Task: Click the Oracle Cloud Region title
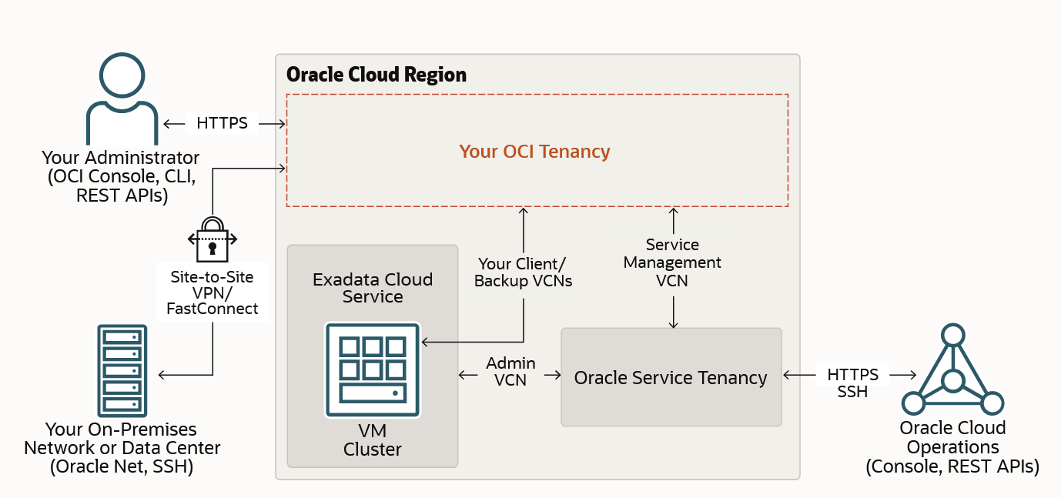pos(377,75)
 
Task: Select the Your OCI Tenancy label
pos(534,152)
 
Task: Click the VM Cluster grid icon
pos(373,369)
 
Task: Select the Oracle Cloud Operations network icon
pos(952,370)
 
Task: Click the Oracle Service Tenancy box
pos(671,377)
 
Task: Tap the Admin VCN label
pos(510,371)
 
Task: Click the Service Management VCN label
pos(672,262)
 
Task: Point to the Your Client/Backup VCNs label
pos(523,272)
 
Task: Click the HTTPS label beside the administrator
pos(222,123)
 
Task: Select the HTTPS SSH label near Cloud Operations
pos(852,383)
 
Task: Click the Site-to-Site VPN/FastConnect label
pos(212,293)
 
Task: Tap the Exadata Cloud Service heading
pos(373,288)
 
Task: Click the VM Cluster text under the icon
pos(373,440)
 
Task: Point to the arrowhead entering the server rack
pos(161,375)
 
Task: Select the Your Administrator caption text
pos(121,176)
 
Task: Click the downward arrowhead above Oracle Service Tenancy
pos(674,324)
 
